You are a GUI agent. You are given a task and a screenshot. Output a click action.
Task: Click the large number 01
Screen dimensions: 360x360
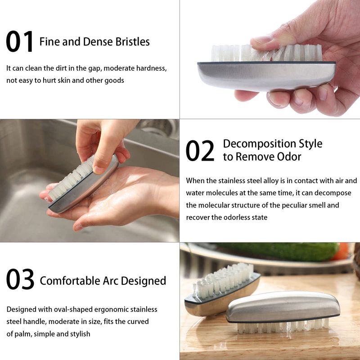[20, 41]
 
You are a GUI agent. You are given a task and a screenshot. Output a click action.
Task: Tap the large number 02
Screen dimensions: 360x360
[200, 151]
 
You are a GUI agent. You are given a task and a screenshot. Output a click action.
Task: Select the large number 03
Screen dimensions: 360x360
[20, 279]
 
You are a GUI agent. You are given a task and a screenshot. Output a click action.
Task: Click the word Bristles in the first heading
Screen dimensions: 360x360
[132, 41]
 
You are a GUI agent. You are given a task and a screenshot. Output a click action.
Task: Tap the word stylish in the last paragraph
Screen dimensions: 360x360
[80, 334]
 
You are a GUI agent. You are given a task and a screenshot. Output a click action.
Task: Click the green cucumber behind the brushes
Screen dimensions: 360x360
[278, 252]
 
